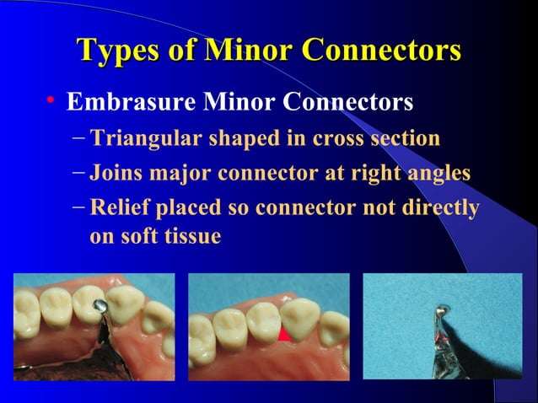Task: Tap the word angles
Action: point(438,174)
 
